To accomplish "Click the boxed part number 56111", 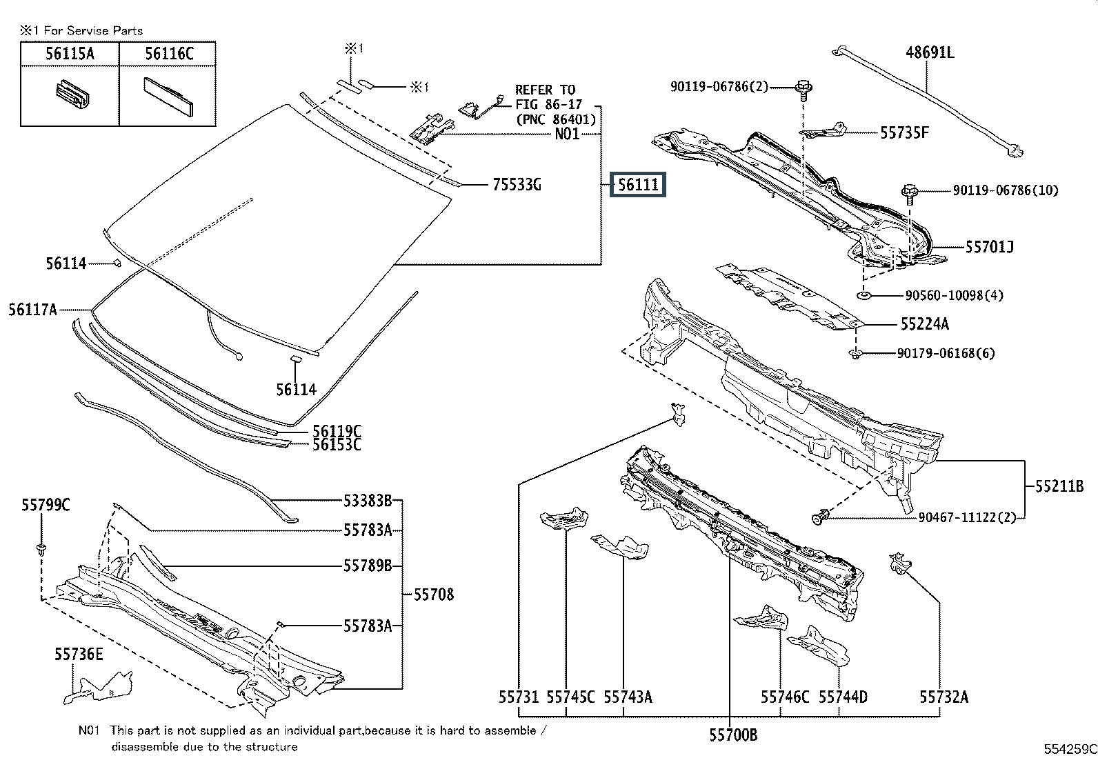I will [638, 185].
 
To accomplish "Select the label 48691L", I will [930, 52].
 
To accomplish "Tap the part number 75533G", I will [517, 185].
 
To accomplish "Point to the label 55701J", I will [989, 246].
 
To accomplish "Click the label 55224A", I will [924, 323].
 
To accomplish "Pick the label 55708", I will [433, 594].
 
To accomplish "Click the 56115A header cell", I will [70, 54].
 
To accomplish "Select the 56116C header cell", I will [168, 54].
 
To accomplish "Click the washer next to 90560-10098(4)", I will [865, 296].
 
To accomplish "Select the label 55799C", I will [46, 505].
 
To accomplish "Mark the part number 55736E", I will [79, 653].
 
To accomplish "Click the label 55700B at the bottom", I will [732, 735].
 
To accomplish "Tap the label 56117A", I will [33, 310].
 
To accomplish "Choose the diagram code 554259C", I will [1069, 749].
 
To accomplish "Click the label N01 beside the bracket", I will [567, 134].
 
